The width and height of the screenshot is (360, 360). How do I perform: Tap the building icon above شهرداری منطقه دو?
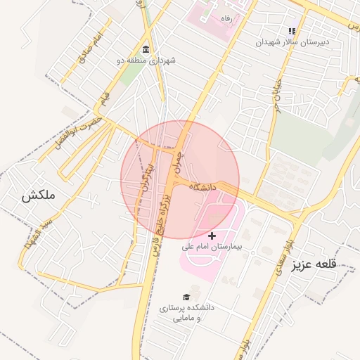click(146, 49)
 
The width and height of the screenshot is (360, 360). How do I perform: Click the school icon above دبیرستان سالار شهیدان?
click(291, 31)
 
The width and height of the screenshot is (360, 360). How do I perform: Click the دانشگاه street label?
click(201, 187)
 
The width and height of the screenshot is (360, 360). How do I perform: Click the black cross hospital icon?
click(212, 235)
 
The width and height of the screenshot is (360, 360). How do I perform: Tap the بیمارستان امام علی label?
click(212, 247)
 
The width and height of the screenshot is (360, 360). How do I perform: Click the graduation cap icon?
click(186, 297)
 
